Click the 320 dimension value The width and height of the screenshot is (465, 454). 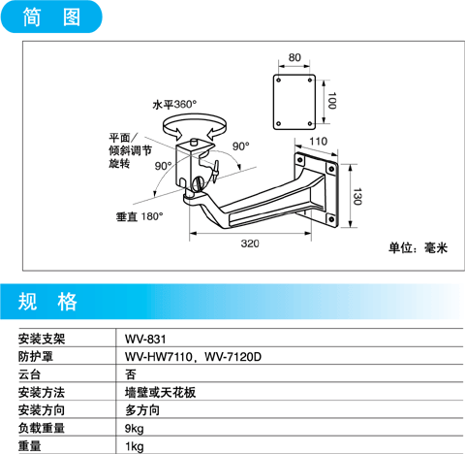coord(250,243)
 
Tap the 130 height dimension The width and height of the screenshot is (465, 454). coord(357,196)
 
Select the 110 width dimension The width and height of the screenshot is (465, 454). coord(318,142)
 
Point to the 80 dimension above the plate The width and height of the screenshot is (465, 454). coord(294,57)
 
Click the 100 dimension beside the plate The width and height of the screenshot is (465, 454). coord(331,101)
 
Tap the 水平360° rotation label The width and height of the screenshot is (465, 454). coord(174,105)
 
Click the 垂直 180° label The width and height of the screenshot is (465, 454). coord(139,216)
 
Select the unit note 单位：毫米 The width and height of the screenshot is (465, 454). coord(418,248)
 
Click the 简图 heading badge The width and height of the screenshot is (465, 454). coord(51,16)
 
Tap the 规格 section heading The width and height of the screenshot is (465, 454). coord(47,302)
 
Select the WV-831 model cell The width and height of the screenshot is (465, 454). coord(145,340)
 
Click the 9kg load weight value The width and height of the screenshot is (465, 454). coord(134,429)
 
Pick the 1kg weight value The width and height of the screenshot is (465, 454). coord(134,446)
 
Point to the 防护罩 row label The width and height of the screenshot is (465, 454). coord(36,357)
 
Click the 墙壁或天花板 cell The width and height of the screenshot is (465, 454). coord(160,393)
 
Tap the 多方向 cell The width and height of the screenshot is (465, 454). coord(142,410)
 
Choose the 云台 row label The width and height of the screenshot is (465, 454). coord(29,374)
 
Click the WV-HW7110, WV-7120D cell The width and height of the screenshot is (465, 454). coord(193,357)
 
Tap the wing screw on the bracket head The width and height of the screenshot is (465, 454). coord(215,172)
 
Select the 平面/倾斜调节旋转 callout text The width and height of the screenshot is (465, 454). coord(130,150)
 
